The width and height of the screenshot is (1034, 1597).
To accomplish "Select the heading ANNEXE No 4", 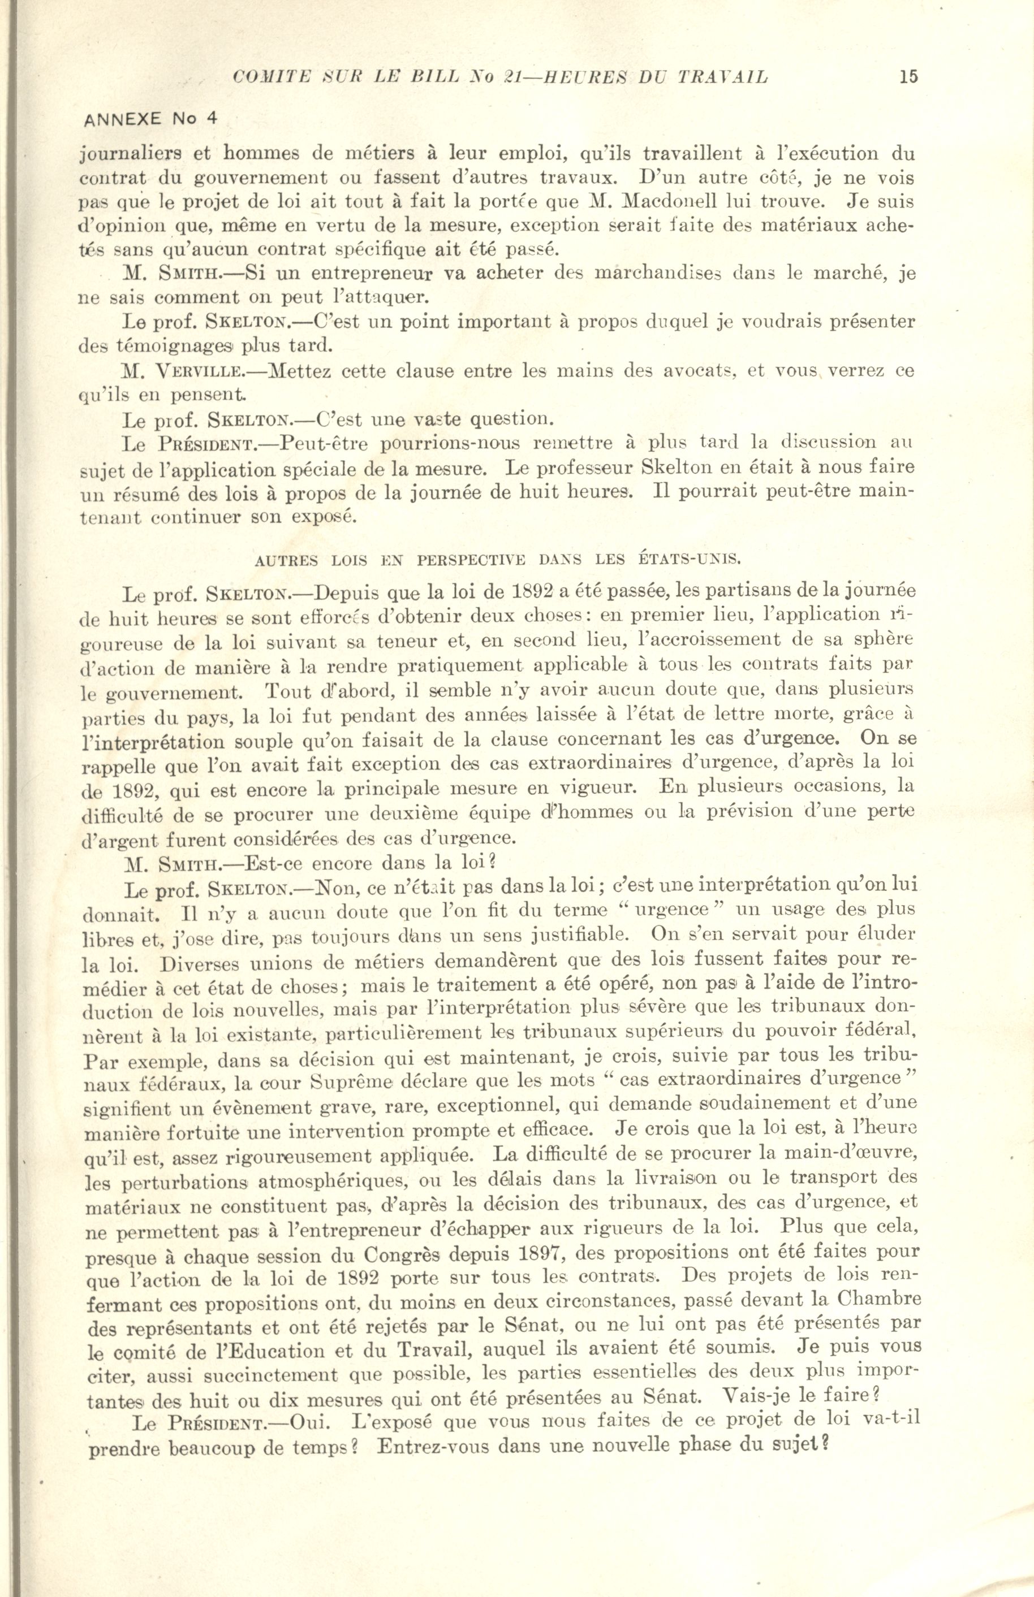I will [149, 119].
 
